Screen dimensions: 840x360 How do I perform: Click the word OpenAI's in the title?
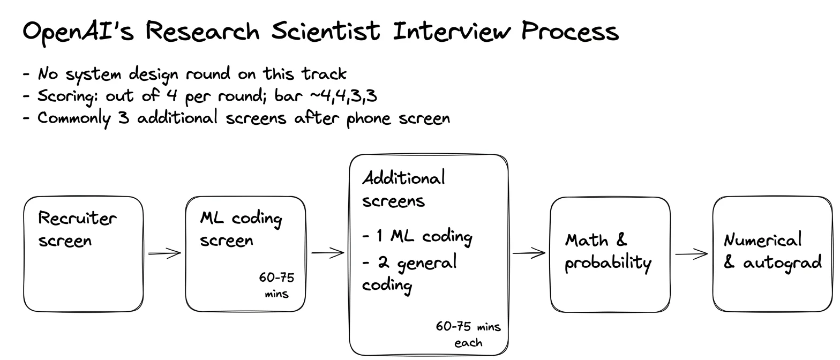[78, 32]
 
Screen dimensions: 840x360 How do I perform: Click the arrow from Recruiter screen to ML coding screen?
[164, 253]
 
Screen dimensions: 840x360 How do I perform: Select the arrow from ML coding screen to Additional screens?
[328, 253]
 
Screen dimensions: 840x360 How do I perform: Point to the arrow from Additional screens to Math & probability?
[529, 253]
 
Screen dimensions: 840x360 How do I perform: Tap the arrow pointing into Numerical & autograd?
[692, 254]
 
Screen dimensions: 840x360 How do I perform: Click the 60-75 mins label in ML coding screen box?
[277, 286]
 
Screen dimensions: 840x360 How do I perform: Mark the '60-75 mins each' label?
[468, 334]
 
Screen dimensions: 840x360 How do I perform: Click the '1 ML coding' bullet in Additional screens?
[417, 237]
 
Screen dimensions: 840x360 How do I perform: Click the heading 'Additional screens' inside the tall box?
[403, 189]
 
